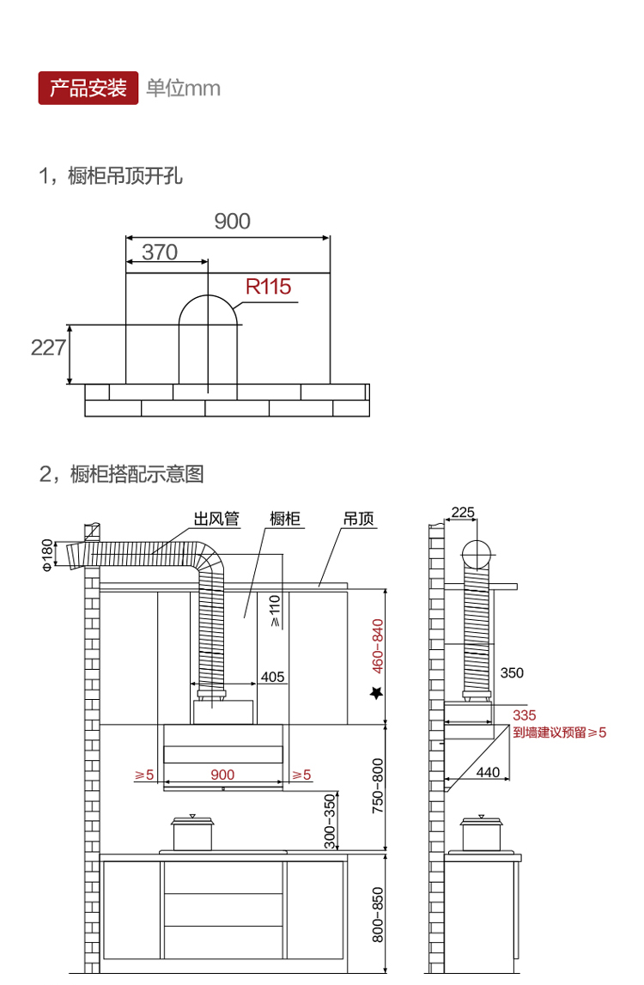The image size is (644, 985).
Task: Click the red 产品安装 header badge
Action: tap(88, 88)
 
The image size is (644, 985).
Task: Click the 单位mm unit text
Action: tap(183, 88)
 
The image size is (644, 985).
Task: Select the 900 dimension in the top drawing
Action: tap(232, 222)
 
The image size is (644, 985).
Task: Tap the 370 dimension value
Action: tap(160, 252)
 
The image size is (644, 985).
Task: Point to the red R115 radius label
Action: tap(268, 287)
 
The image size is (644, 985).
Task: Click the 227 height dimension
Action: tap(48, 348)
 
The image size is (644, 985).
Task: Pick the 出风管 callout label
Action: tap(216, 519)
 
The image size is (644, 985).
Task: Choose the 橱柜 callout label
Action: tap(285, 519)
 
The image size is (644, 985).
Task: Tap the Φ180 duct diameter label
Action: tap(47, 554)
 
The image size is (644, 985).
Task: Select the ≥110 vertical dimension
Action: tap(275, 609)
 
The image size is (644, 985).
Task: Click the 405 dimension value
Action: tap(272, 678)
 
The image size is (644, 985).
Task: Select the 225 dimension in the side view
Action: tap(462, 513)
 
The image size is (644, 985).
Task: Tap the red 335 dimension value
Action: tap(524, 715)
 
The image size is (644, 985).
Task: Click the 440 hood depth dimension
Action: tap(488, 772)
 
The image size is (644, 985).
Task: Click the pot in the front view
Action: tap(192, 833)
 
